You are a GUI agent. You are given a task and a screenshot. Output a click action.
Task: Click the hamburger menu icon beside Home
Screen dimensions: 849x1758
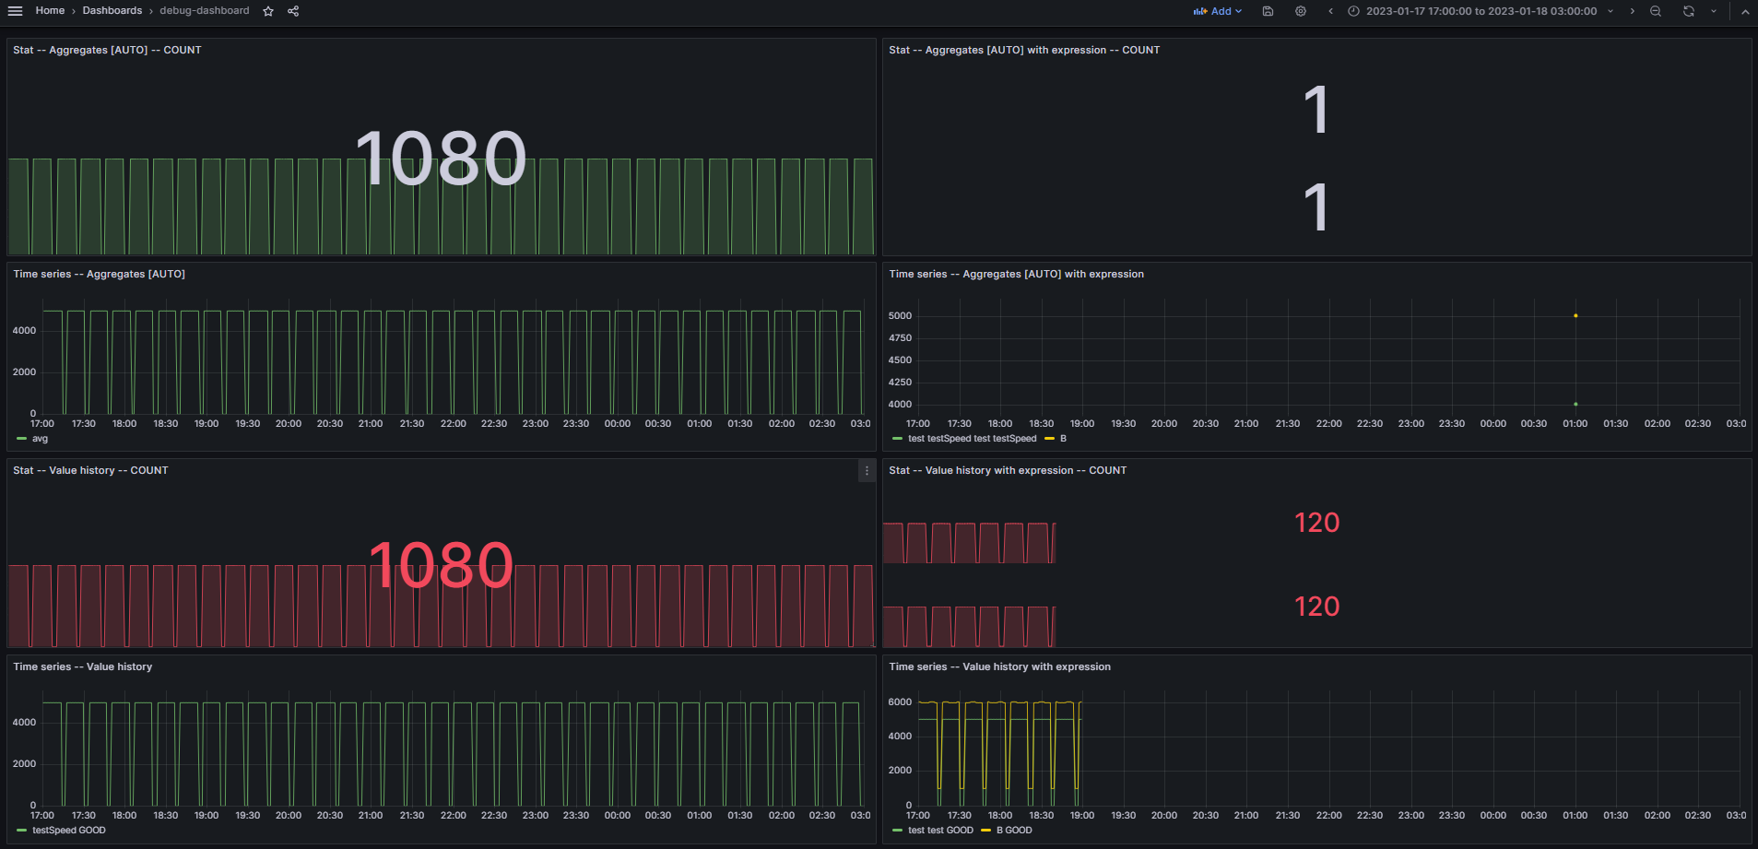coord(15,11)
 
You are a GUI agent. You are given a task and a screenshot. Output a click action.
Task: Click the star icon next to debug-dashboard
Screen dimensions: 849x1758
coord(268,11)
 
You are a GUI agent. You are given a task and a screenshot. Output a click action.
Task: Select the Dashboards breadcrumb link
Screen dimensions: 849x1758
coord(112,11)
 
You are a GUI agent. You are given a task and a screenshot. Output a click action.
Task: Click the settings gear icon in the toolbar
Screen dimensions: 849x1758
coord(1301,11)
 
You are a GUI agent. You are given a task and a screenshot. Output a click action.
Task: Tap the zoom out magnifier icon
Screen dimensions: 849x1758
coord(1656,11)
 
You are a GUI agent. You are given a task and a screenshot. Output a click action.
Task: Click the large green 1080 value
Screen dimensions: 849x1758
coord(441,159)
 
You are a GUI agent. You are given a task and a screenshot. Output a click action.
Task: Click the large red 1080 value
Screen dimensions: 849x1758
coord(441,565)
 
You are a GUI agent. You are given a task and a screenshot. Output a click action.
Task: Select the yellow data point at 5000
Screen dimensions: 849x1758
coord(1575,315)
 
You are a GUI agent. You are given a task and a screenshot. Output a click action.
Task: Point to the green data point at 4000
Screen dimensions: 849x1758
coord(1575,404)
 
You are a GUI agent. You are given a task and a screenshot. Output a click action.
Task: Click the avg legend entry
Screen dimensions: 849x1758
coord(40,439)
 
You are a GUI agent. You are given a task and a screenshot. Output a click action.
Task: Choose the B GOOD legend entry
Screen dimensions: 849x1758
coord(1013,831)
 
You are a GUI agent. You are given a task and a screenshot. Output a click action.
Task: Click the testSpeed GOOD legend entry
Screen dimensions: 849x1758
coord(68,831)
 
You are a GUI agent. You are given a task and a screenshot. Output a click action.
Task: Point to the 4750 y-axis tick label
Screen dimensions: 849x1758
coord(900,338)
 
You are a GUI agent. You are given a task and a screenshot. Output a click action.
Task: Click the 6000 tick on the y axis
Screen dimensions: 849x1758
coord(900,702)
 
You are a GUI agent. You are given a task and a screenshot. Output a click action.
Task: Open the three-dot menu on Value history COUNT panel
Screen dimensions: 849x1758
coord(867,470)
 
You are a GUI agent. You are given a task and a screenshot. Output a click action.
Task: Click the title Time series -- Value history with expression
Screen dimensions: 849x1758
coord(999,666)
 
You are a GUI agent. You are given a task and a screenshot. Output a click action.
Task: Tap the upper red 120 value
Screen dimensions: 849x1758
coord(1316,523)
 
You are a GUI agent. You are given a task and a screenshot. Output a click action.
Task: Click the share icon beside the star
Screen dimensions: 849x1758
coord(293,11)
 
